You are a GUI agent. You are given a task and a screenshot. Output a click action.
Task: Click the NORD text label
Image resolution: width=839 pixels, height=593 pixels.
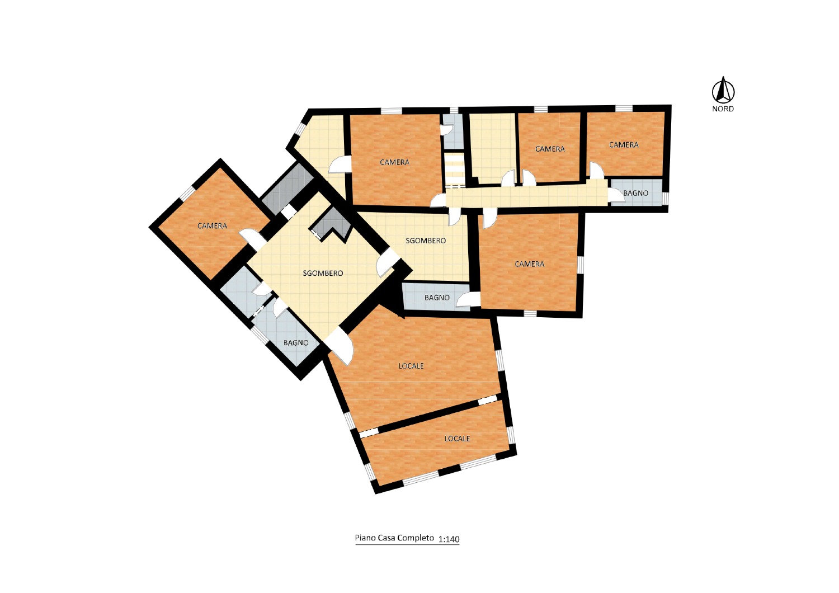(x=723, y=109)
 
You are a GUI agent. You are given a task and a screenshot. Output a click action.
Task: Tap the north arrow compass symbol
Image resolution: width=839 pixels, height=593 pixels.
(x=723, y=90)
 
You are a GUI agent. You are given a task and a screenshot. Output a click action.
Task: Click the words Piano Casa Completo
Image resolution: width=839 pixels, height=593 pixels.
(x=394, y=538)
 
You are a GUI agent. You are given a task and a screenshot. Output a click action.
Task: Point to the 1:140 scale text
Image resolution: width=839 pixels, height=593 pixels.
(x=449, y=539)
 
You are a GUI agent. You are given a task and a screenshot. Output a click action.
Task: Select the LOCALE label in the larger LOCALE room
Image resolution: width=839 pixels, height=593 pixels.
(x=411, y=366)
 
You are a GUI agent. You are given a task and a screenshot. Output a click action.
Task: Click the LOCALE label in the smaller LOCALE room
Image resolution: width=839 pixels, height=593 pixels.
(x=457, y=438)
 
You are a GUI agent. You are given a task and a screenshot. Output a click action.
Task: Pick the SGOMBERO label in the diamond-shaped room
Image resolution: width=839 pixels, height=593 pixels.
(x=323, y=273)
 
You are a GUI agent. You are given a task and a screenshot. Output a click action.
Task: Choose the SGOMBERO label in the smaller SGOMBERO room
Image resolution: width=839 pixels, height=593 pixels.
(x=426, y=241)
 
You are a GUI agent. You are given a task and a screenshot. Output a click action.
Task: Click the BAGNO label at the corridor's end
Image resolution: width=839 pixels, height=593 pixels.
(x=635, y=193)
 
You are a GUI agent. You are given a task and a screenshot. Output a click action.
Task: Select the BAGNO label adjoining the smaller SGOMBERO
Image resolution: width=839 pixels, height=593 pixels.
(x=437, y=298)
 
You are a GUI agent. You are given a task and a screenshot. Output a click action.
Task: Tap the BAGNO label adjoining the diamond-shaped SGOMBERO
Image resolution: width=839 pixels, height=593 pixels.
(x=296, y=343)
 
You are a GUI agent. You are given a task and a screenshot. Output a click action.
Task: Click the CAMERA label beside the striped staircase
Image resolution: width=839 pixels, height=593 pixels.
(x=394, y=162)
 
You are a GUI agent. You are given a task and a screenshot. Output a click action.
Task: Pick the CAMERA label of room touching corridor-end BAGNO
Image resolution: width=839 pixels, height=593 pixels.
(x=624, y=144)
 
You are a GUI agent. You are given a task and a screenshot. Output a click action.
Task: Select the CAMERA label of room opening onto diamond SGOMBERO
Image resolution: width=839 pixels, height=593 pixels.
(x=213, y=226)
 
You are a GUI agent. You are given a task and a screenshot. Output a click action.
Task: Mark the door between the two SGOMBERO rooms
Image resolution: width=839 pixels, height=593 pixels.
(x=386, y=263)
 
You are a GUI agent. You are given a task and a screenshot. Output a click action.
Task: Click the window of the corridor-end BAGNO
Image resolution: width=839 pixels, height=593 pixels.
(x=665, y=198)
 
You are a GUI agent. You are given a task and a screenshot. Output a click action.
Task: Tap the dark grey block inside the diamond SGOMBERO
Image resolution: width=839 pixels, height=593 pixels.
(x=332, y=225)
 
